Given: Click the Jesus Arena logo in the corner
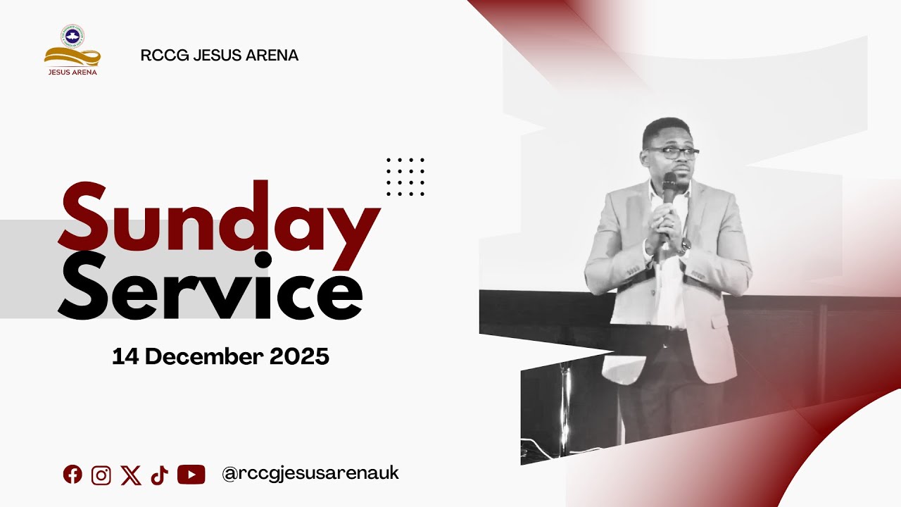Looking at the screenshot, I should pos(72,51).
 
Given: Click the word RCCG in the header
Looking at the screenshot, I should pos(160,56).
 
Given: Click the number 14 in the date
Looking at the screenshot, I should pos(125,356).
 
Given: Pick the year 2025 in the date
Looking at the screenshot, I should pos(299,356).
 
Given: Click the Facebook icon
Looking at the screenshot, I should pos(73,475).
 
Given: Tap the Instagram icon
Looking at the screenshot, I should pos(101,475).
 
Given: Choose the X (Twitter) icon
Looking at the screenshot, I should pos(130,475).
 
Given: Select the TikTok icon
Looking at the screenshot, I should pos(159,475).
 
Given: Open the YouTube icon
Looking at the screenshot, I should pos(191,475).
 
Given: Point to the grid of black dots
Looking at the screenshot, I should pos(405,177).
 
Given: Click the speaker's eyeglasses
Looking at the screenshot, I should pos(672,151).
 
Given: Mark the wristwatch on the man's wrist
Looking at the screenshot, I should pos(685,246).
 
